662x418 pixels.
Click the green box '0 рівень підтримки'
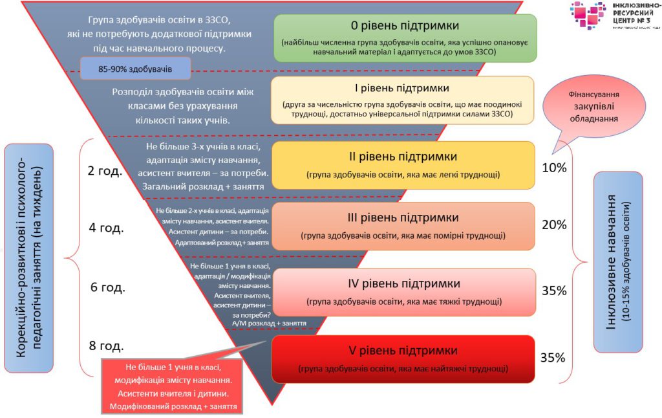405,38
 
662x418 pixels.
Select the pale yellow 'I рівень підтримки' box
403,100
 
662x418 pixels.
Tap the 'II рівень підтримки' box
403,164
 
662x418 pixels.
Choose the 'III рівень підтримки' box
403,226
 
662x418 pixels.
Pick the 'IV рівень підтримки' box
403,291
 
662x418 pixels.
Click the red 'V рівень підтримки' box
403,358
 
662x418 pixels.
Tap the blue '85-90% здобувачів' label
136,69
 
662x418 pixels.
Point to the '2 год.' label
105,171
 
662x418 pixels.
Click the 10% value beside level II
554,168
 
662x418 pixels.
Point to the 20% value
554,225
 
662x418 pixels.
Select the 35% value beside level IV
554,291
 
